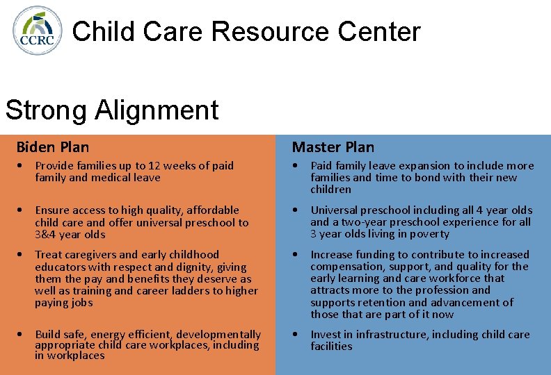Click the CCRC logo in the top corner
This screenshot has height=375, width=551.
[x=38, y=30]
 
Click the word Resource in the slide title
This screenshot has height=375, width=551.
[x=271, y=32]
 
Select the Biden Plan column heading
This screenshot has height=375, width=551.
[x=53, y=147]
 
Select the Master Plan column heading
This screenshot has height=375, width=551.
[x=333, y=147]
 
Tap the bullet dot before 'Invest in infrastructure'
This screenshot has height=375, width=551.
[x=296, y=335]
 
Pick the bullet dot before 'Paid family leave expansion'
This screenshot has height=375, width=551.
[x=296, y=166]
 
